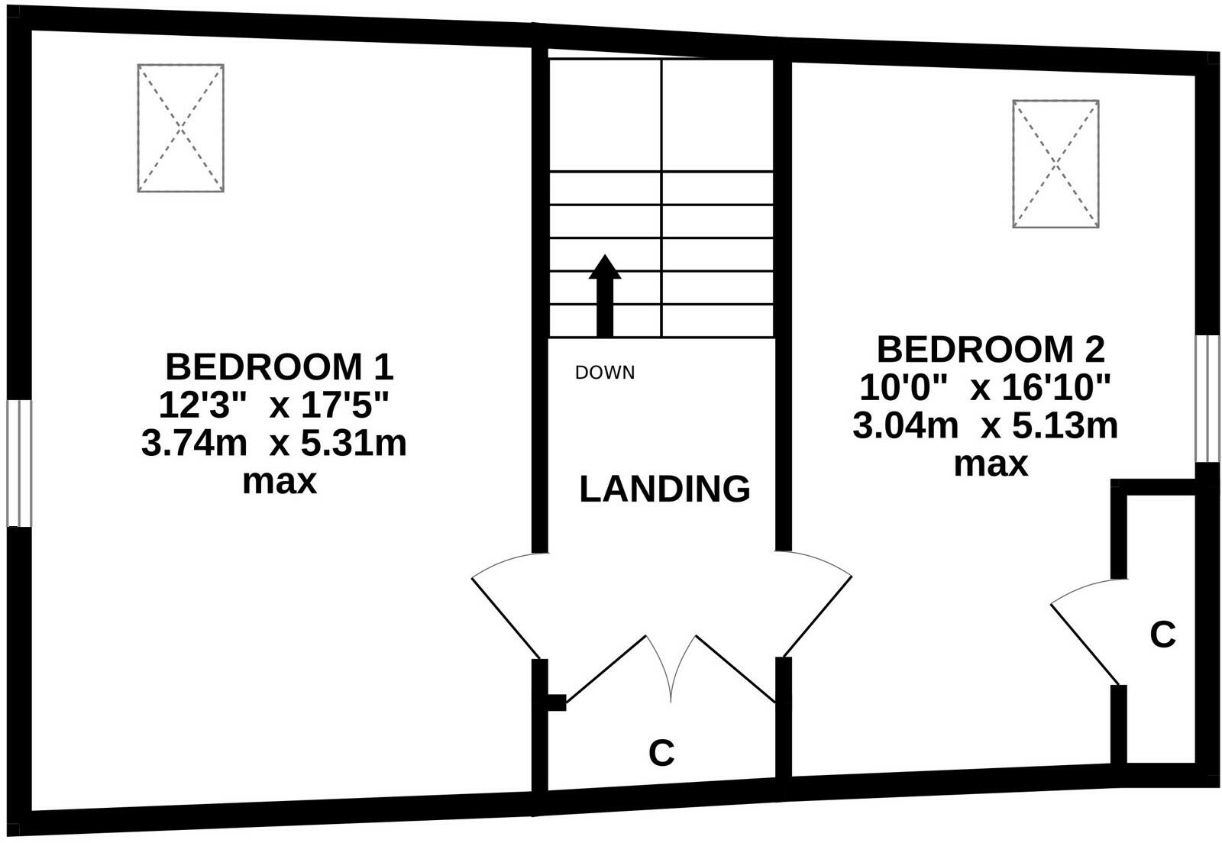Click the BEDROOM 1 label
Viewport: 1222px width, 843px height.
coord(279,367)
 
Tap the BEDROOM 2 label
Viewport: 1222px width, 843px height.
coord(990,350)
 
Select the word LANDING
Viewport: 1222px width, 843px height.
coord(664,489)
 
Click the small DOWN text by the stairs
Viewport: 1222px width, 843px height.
coord(604,373)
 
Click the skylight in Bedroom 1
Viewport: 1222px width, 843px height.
coord(180,128)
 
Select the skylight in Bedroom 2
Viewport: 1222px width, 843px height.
coord(1056,163)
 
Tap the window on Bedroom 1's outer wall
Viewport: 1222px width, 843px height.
coord(19,463)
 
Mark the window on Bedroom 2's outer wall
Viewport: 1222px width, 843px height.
coord(1207,398)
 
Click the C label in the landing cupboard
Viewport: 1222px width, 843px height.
coord(661,753)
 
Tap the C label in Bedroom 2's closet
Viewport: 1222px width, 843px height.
coord(1162,634)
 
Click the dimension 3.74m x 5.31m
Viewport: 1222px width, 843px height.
coord(273,444)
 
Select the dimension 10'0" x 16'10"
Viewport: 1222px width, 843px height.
coord(984,388)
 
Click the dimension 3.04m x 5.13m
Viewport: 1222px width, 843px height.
coord(984,425)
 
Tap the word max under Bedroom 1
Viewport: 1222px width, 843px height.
coord(279,482)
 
